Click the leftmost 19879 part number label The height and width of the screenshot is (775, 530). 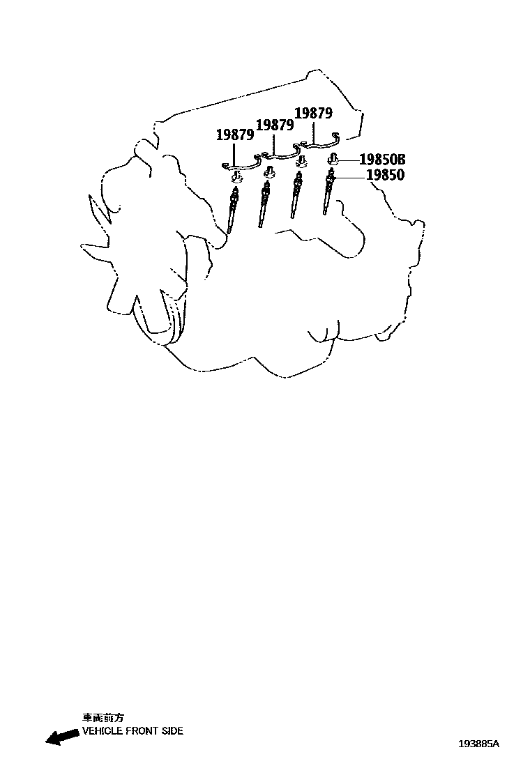coord(234,135)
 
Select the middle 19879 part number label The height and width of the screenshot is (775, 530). coord(275,125)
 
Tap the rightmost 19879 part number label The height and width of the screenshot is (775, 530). coord(314,114)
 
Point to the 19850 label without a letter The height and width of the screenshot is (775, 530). coord(385,176)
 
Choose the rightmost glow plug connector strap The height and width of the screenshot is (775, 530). coord(317,143)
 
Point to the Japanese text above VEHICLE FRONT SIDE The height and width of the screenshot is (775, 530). coord(103,717)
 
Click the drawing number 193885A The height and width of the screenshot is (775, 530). coord(478,744)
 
